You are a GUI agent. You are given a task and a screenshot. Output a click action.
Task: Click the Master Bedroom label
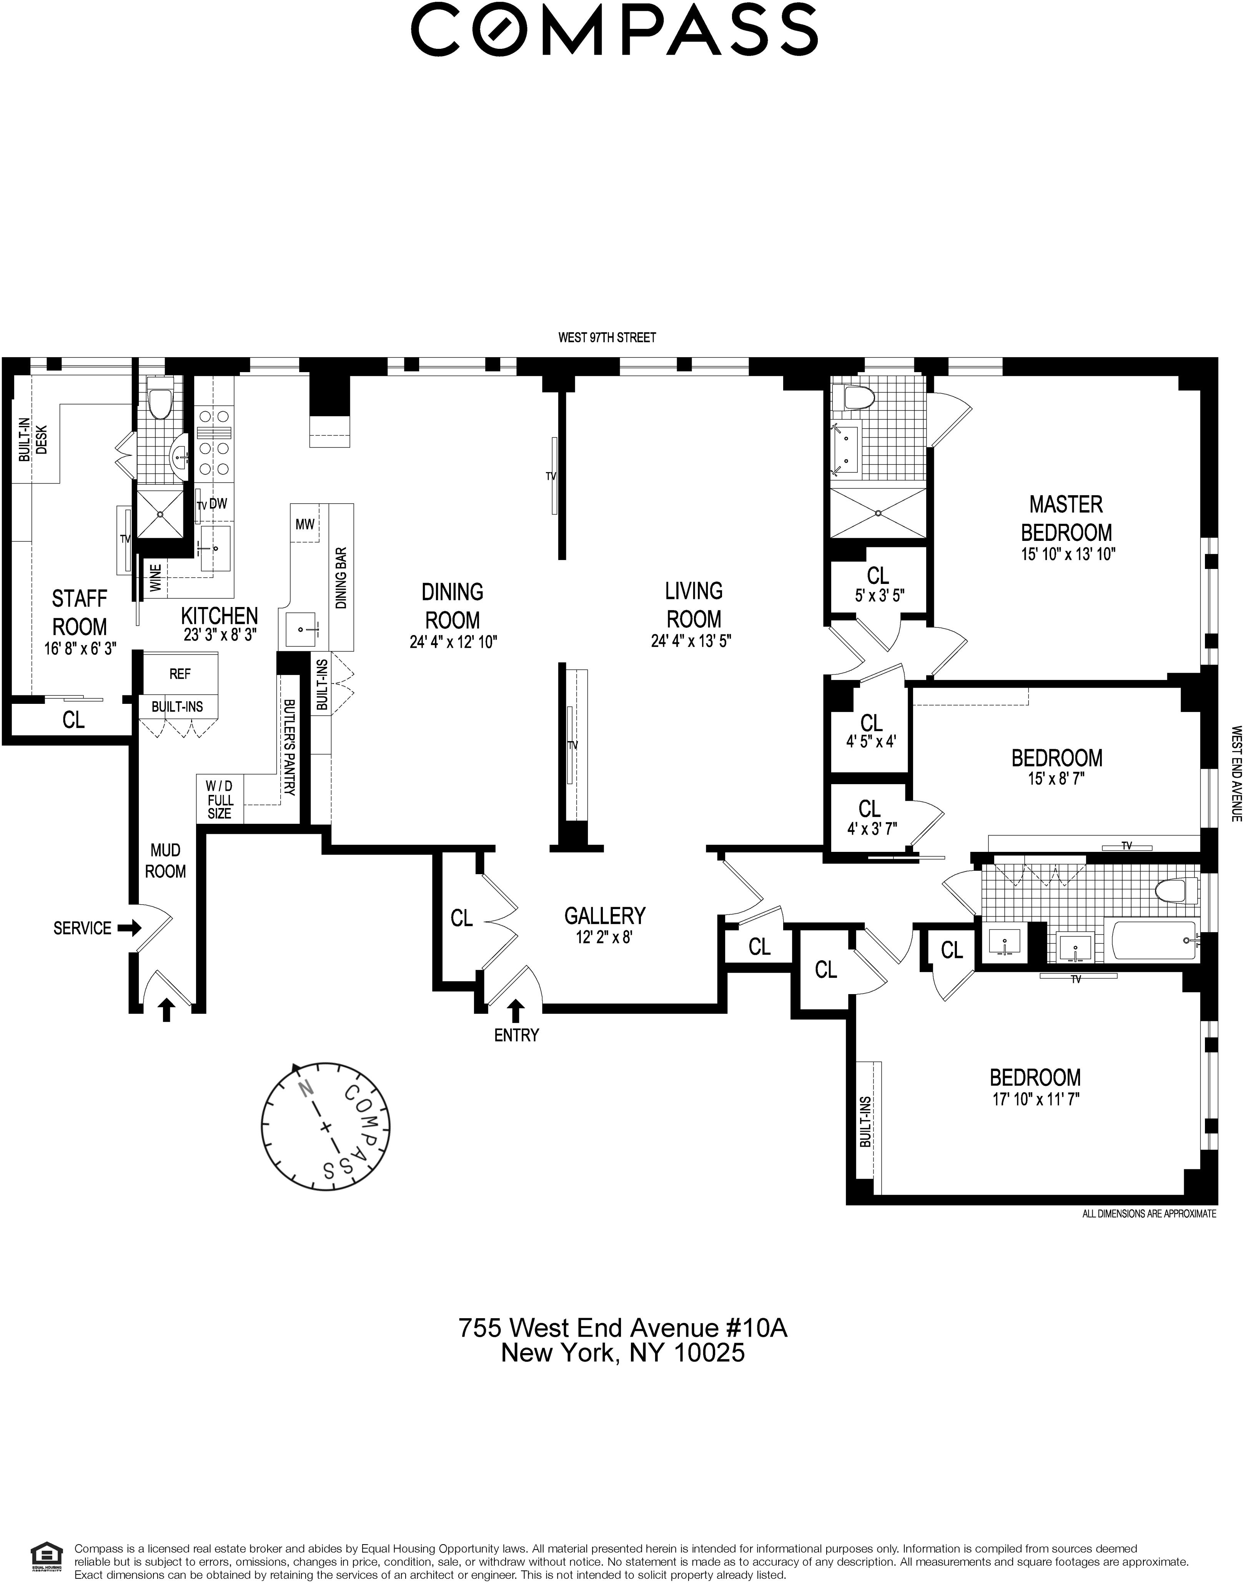click(x=1066, y=518)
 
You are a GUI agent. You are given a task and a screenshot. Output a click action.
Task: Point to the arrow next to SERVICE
click(x=130, y=928)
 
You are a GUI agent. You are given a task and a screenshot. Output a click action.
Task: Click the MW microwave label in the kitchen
click(x=305, y=524)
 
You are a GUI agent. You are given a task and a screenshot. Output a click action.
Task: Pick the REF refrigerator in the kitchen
click(x=180, y=673)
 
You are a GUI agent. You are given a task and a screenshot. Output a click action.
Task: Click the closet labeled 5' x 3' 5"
click(x=878, y=584)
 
